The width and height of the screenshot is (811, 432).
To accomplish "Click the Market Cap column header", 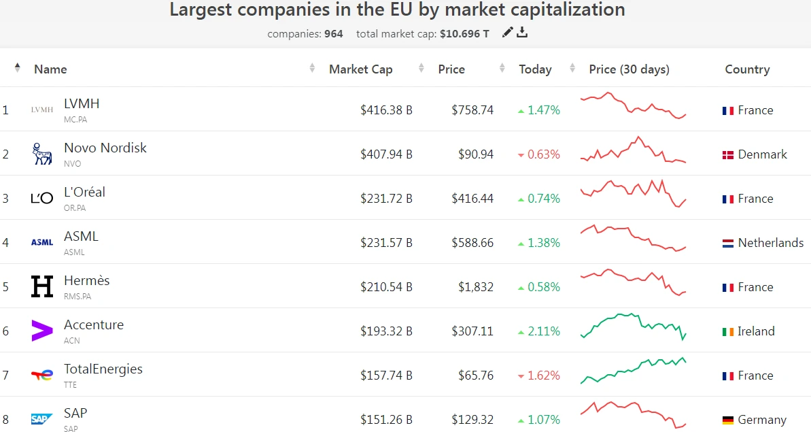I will coord(360,69).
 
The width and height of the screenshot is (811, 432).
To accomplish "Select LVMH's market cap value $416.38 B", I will coord(386,110).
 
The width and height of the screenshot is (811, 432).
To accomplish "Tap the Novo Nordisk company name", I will coord(105,148).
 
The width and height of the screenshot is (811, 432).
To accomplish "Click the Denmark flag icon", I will coord(727,155).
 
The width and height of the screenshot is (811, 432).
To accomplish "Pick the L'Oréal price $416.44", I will coord(472,199).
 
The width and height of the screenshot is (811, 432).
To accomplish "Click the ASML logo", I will coord(42,242).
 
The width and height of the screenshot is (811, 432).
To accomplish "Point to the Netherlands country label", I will coord(770,243).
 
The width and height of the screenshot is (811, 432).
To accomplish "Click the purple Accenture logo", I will coord(42,331).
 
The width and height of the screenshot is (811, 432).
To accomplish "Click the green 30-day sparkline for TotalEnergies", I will coord(633,370).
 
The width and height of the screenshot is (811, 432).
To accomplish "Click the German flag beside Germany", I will coord(727,420).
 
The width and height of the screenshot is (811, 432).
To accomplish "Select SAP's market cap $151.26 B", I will coord(386,420).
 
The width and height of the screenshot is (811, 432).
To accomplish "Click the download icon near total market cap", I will coord(522,32).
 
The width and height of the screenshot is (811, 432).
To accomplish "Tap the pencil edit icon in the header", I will coord(507,32).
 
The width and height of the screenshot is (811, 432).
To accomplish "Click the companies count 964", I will coord(334,33).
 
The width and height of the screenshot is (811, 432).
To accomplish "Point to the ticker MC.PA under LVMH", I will coord(75,120).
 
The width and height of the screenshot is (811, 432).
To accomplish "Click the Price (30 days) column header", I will coord(629,69).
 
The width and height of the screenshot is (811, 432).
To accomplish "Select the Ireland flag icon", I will coord(727,332).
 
